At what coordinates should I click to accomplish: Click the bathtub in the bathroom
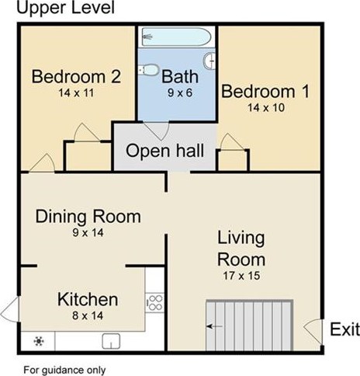click(177, 37)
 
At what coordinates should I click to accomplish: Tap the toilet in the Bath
click(148, 70)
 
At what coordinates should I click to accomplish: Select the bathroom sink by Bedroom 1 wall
click(209, 61)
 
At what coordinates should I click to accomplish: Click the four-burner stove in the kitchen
click(154, 303)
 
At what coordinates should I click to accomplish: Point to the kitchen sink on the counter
click(111, 341)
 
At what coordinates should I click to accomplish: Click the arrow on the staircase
click(214, 326)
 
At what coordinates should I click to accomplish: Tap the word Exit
click(344, 329)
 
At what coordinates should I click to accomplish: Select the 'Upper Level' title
click(65, 7)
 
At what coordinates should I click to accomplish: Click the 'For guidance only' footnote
click(64, 370)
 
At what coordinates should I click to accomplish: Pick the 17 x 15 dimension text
click(241, 276)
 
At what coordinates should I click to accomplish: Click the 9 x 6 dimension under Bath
click(180, 92)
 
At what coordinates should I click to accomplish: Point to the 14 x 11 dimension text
click(76, 92)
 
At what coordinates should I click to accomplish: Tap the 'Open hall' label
click(165, 151)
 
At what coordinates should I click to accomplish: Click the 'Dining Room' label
click(88, 217)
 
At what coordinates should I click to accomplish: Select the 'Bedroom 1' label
click(265, 92)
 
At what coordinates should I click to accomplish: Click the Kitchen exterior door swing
click(10, 309)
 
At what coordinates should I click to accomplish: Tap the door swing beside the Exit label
click(313, 332)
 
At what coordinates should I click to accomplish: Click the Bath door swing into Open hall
click(157, 131)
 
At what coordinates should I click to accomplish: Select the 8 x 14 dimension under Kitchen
click(88, 315)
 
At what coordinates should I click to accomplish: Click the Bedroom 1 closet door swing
click(231, 141)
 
